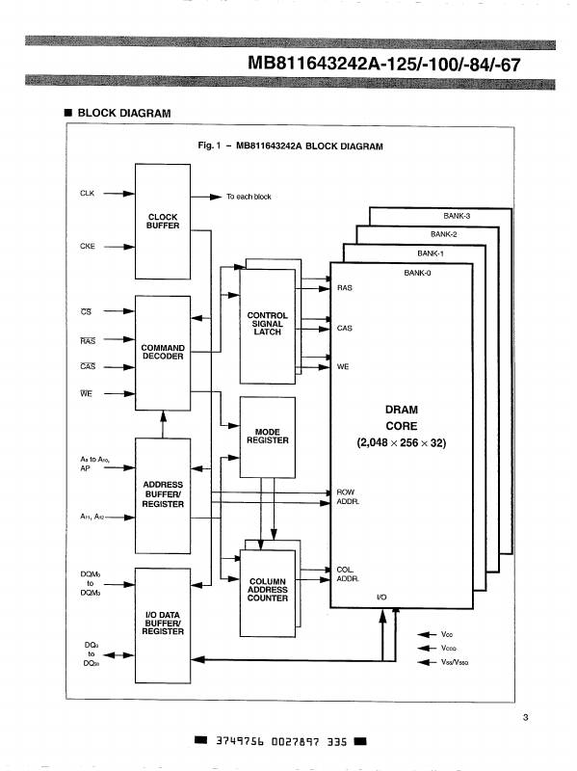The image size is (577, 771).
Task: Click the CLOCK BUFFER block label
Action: click(162, 221)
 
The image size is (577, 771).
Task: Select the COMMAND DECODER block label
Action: click(162, 352)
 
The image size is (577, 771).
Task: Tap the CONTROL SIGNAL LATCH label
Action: click(267, 324)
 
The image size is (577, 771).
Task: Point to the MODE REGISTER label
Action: click(267, 436)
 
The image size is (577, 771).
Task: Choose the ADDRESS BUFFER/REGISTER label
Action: click(162, 494)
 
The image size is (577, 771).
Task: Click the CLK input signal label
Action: click(86, 193)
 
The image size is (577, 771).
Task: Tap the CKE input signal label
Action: click(86, 247)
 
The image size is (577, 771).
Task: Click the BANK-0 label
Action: click(416, 273)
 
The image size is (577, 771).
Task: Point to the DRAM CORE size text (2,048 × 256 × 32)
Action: click(401, 443)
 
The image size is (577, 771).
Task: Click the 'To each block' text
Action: click(249, 197)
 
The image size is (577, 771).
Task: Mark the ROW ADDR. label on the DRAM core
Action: click(346, 497)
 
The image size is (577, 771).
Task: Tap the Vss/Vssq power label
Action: click(456, 664)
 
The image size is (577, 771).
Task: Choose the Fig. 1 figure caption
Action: click(289, 146)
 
